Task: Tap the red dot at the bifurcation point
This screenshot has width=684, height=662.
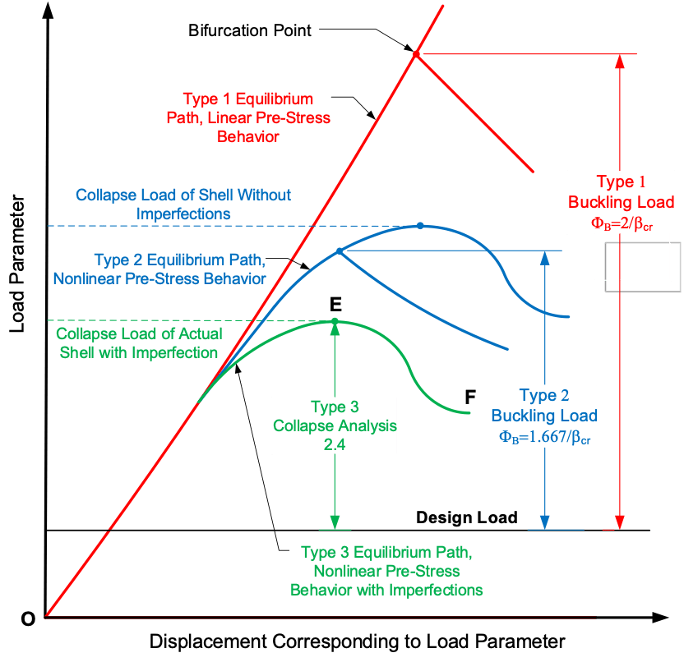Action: click(416, 54)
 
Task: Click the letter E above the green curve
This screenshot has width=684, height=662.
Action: click(335, 303)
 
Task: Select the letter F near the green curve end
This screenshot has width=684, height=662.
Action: click(470, 397)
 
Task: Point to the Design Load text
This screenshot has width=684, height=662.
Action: click(466, 517)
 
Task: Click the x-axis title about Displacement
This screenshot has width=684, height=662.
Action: click(357, 641)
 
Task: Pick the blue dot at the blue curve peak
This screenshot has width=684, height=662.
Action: click(420, 225)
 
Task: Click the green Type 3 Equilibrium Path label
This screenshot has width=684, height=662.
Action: click(386, 570)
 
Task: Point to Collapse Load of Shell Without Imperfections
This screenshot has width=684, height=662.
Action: click(183, 204)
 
